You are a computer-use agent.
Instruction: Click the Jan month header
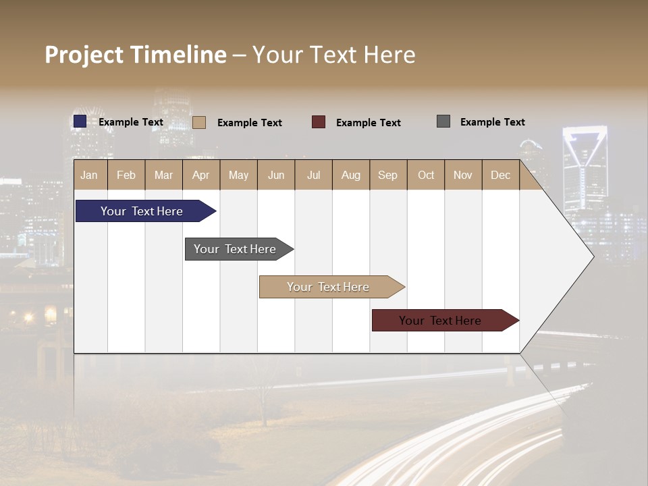89,175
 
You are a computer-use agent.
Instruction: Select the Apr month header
200,175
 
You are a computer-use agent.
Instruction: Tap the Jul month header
313,175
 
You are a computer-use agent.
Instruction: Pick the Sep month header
387,175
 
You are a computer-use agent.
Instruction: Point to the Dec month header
500,175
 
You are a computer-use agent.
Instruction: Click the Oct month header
426,175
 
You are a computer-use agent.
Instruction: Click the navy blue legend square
80,122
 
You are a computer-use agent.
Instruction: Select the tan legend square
199,122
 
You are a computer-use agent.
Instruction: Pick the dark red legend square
319,122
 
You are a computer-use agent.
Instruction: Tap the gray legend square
443,122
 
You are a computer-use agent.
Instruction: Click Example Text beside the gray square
492,122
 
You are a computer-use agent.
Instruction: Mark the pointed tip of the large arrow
593,256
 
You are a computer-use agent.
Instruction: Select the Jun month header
276,175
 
